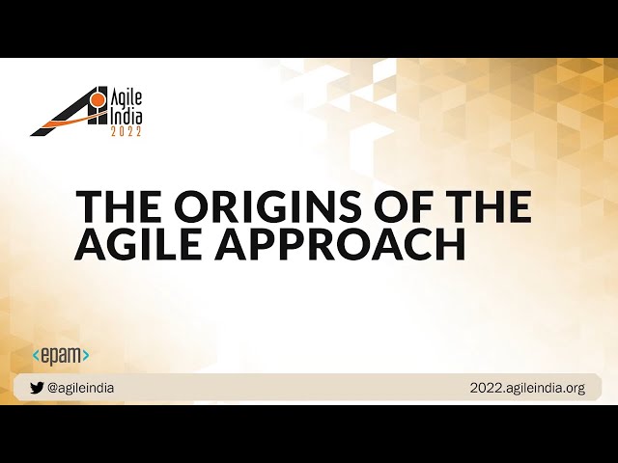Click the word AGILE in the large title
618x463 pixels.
tap(140, 244)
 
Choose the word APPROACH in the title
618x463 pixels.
tap(341, 244)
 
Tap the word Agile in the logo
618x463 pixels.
tap(124, 99)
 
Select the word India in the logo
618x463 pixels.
tap(125, 116)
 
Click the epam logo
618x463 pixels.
tap(60, 355)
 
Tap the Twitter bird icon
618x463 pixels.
tap(37, 388)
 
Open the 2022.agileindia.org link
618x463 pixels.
tap(527, 388)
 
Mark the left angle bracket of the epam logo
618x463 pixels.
tap(36, 355)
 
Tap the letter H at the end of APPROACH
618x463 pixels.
tap(451, 244)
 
